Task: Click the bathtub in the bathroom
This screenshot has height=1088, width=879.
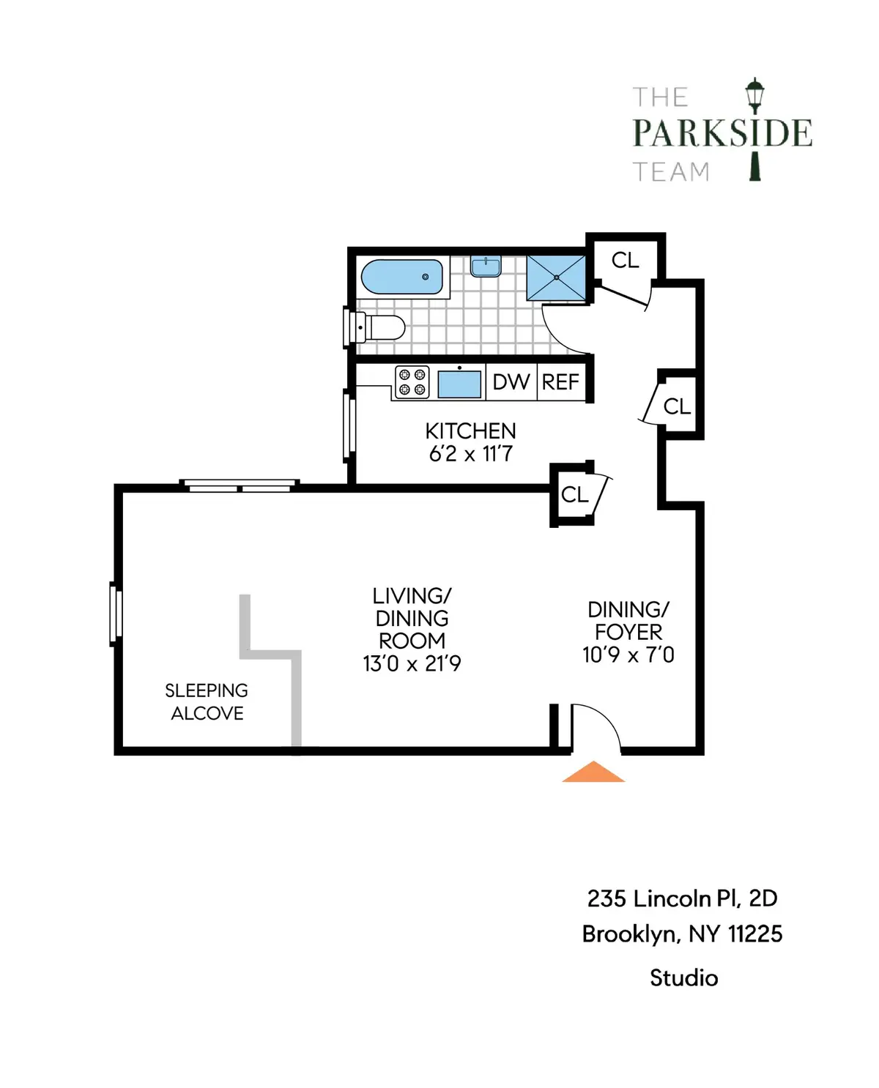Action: tap(402, 277)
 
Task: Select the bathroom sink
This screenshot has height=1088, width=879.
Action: tap(485, 267)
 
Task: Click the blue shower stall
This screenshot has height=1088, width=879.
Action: tap(556, 277)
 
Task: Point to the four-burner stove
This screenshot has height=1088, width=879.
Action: tap(412, 382)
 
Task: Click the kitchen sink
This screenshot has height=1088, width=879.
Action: tap(460, 383)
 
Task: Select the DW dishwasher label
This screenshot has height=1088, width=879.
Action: tap(511, 382)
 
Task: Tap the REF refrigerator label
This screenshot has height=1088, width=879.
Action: tap(560, 382)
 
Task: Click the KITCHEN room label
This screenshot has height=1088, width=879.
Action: tap(470, 431)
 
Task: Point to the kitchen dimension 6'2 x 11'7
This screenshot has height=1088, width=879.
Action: tap(470, 454)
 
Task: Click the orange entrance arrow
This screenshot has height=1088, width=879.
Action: tap(593, 772)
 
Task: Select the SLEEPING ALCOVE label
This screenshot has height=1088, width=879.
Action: tap(207, 701)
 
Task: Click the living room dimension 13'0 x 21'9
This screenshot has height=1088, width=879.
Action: tap(412, 663)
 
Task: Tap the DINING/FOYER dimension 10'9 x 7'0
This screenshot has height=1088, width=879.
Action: tap(628, 655)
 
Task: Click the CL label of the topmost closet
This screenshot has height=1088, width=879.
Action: tap(625, 260)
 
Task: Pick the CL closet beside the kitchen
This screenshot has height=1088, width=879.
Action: tap(574, 495)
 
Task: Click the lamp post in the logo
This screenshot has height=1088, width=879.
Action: tap(754, 128)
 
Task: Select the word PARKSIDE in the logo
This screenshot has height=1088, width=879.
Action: tap(722, 133)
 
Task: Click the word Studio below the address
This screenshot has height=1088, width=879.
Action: tap(683, 978)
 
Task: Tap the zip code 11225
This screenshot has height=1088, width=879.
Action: tap(754, 934)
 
